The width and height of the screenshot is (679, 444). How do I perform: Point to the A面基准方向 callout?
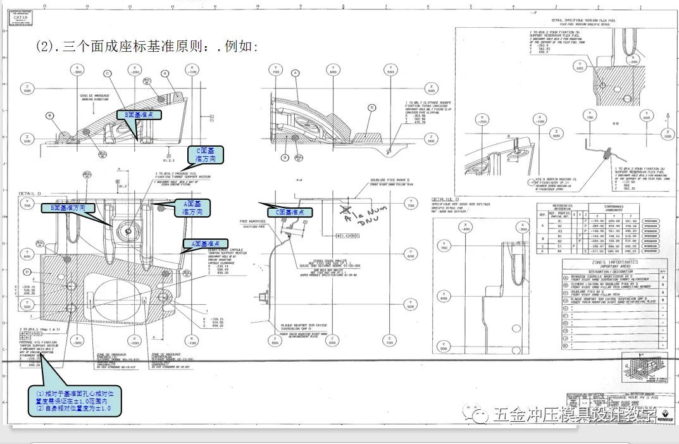pos(192,207)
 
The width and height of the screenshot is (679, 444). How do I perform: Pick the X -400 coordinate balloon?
pos(466,228)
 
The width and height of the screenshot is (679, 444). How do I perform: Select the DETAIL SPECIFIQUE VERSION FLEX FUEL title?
pos(570,22)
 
